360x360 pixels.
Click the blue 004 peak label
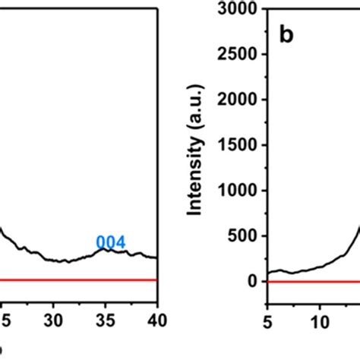(110, 243)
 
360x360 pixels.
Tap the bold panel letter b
(286, 36)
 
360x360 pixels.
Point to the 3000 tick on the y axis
(241, 9)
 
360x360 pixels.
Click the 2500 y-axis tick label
(241, 54)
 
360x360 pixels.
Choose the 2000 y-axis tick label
(241, 99)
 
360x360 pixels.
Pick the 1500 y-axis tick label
(241, 145)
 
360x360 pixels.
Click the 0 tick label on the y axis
(254, 281)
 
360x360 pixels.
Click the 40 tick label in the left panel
(155, 311)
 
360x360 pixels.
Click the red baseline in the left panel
(76, 280)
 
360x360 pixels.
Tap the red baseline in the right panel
(311, 281)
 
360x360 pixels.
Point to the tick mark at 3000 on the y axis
(264, 9)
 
